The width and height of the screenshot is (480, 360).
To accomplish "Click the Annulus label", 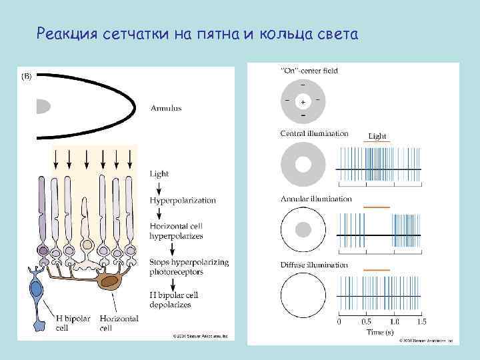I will pos(166,108).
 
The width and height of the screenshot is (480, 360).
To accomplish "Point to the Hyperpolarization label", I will pos(173,200).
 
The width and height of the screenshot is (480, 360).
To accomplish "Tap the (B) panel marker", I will pos(27,76).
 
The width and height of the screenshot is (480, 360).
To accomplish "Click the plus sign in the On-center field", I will pos(303,103).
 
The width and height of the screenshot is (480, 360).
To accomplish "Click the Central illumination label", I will pos(314,133).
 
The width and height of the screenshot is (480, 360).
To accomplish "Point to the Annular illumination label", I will pos(316,199).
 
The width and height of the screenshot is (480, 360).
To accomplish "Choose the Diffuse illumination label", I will pos(314,265).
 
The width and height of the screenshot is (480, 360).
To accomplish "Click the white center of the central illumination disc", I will pos(303,164).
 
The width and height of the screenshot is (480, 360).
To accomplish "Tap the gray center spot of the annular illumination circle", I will pos(303,230).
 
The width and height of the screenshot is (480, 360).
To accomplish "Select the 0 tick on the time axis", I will pos(339,322).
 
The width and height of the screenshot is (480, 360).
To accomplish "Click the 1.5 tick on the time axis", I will pos(421,322).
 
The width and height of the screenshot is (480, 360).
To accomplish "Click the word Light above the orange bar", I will pos(377,137).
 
